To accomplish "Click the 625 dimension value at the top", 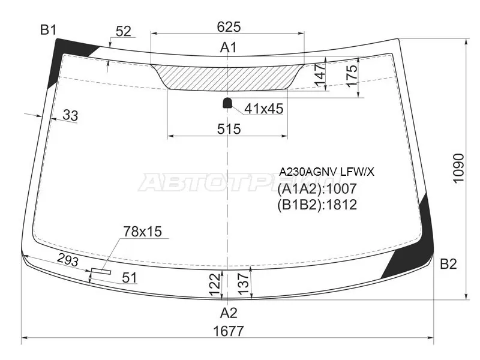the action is [x=229, y=27].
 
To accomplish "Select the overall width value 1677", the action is [x=229, y=331].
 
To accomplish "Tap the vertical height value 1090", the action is [x=458, y=169].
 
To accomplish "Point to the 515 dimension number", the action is [x=229, y=129].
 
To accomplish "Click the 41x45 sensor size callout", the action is [x=264, y=109].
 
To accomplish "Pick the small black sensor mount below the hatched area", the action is [x=227, y=103].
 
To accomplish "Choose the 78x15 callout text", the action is [x=142, y=232].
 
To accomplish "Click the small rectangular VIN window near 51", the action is [x=101, y=271].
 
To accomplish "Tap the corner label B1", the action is [x=49, y=30].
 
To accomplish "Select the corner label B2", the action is [x=448, y=264].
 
